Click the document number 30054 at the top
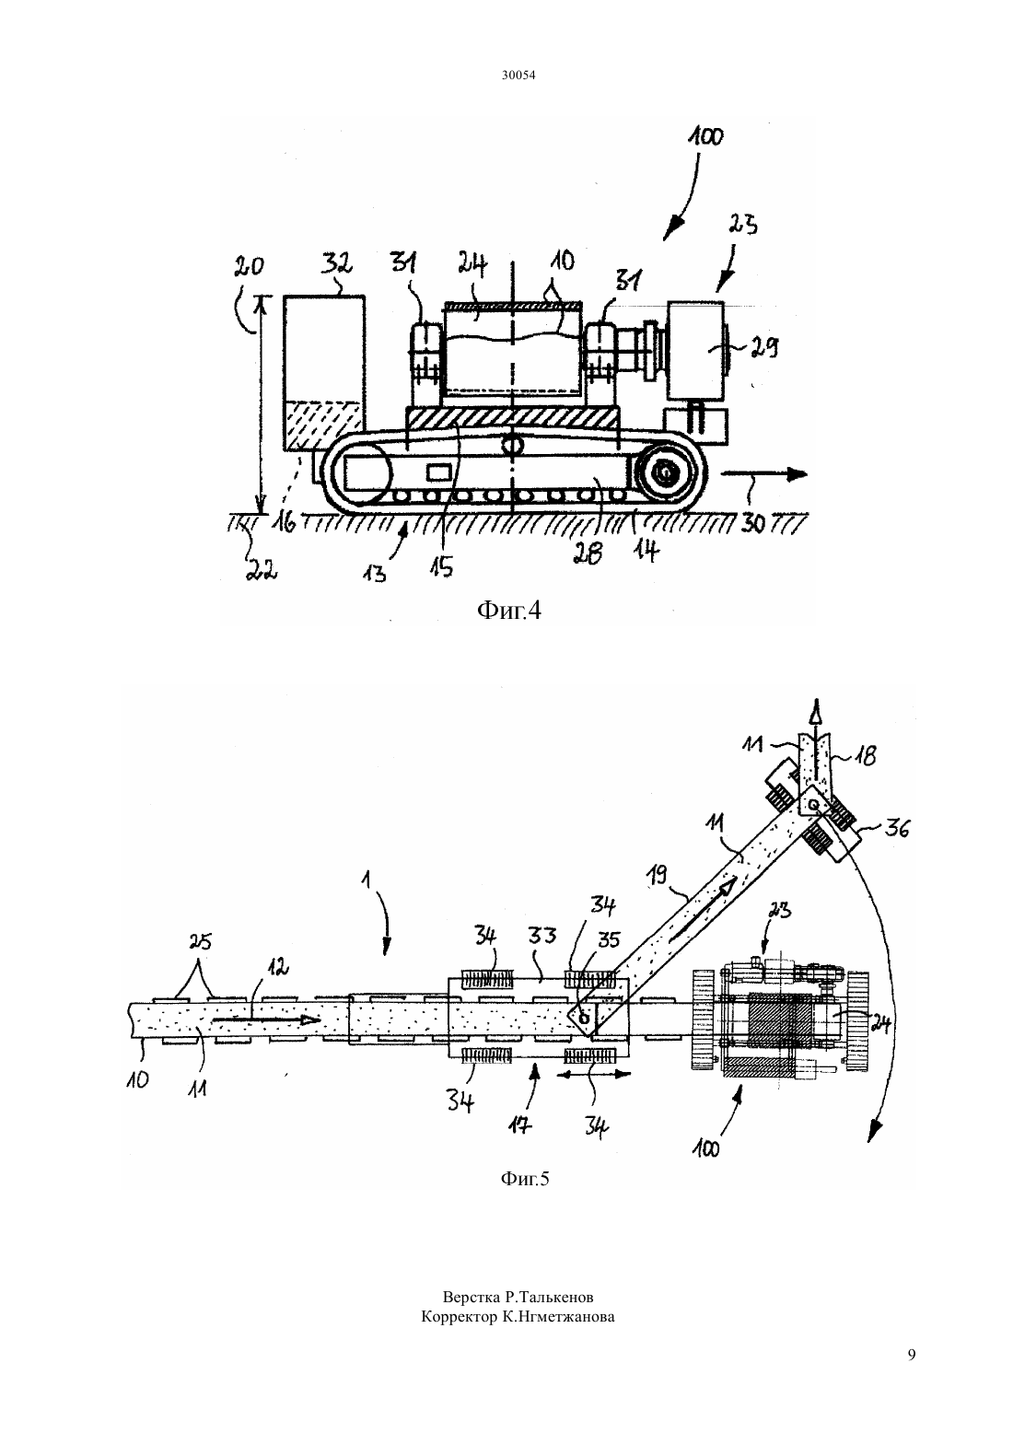tap(518, 76)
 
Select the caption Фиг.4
tap(509, 611)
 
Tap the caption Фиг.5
tap(525, 1179)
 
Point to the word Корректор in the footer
tap(458, 1317)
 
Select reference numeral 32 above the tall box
tap(337, 263)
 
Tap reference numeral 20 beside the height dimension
tap(249, 265)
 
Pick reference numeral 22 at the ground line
tap(262, 569)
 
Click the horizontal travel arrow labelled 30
tap(763, 474)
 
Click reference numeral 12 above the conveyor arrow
tap(276, 968)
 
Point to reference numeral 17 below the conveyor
tap(520, 1124)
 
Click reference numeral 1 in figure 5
tap(366, 880)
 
